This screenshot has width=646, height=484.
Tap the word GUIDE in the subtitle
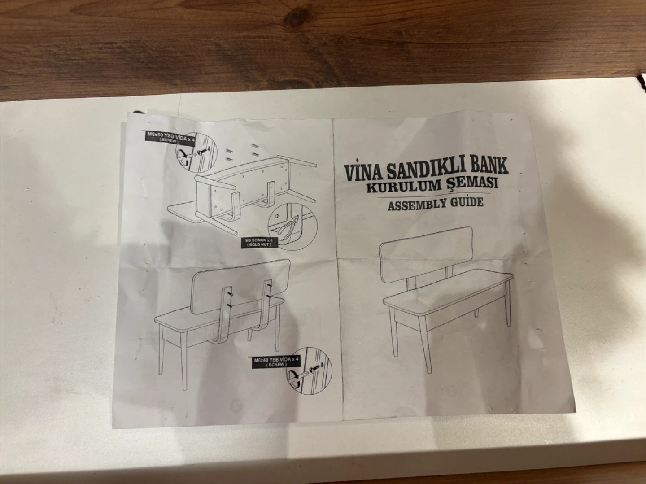click(465, 203)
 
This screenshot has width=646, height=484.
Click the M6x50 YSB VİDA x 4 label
click(171, 137)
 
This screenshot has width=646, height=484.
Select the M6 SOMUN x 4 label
click(259, 242)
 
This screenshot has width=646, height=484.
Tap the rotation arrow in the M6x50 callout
click(183, 157)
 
